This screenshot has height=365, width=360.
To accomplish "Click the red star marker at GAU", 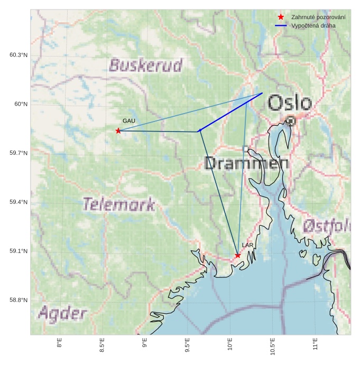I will coord(118,130).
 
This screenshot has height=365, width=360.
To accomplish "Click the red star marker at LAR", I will coord(238,255).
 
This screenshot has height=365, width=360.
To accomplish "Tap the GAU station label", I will coord(129,121).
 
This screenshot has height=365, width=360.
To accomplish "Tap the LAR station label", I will coord(248,245).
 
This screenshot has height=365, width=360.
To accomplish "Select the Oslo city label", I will coord(289,102).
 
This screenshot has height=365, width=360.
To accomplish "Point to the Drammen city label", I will coord(246,163).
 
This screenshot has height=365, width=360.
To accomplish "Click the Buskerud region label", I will coord(145,65).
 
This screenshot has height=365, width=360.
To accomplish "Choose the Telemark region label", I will coord(119,204).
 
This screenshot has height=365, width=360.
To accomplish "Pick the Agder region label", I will coord(63,314).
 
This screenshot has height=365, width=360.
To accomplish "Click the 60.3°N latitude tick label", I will coord(19,55).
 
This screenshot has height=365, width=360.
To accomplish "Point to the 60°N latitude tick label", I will coord(21,104).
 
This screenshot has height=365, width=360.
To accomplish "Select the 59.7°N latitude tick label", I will coord(19,153).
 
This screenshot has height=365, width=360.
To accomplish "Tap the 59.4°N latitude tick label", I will coord(19,202).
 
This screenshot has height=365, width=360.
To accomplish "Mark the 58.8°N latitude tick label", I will coord(19,301).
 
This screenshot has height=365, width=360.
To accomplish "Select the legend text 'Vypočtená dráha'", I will coord(313,25).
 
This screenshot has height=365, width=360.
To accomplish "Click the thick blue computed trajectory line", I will coord(231,111).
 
